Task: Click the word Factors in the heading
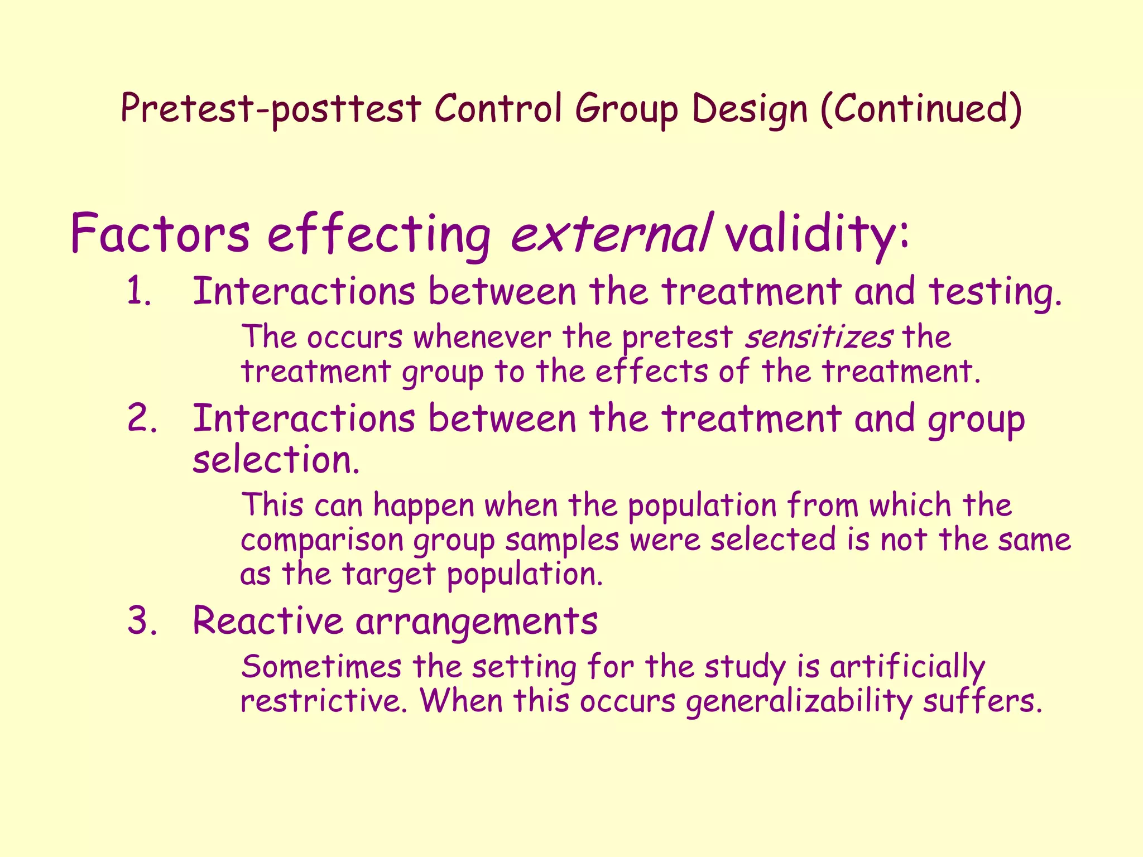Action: point(160,233)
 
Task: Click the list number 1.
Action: point(139,292)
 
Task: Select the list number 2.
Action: point(142,418)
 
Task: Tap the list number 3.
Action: point(142,620)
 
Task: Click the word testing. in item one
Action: point(995,292)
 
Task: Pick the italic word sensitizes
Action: point(819,338)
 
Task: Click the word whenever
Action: point(482,338)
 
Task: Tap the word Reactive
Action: point(267,620)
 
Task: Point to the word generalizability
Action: point(799,701)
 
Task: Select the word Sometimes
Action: point(321,667)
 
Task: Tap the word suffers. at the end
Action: point(982,701)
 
